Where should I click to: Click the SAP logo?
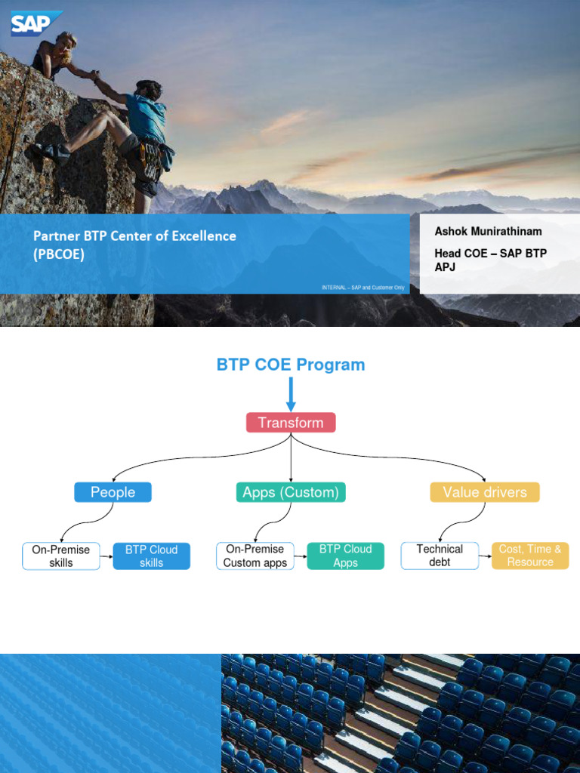point(35,23)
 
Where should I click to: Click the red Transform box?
point(291,423)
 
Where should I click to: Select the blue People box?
point(113,492)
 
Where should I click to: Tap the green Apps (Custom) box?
point(290,492)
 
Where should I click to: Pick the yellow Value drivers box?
point(485,492)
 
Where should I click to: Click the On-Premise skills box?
point(61,556)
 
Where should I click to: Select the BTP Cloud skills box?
point(152,556)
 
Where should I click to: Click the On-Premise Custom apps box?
point(255,556)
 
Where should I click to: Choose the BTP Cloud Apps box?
point(345,556)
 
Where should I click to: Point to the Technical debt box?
point(439,556)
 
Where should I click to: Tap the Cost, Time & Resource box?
point(530,556)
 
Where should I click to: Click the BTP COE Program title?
point(291,365)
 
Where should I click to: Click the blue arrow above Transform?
point(291,394)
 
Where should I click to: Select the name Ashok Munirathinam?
point(488,231)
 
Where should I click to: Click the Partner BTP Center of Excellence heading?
point(134,236)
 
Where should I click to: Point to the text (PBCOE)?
point(59,254)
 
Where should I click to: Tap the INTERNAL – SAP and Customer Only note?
point(362,287)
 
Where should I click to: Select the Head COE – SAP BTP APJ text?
point(489,260)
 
